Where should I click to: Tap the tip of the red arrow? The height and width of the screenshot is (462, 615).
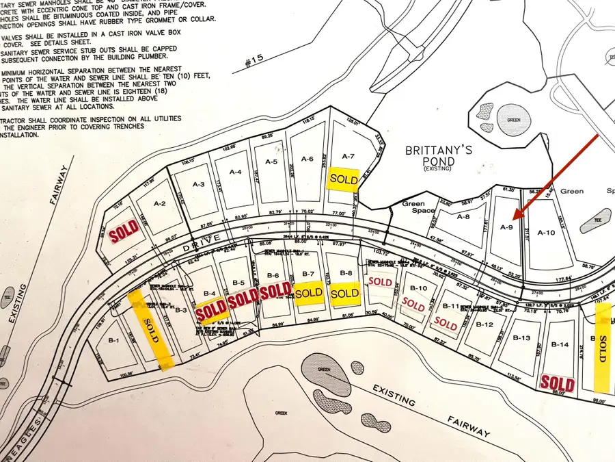pos(515,219)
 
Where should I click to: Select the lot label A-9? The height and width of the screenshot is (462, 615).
pos(506,227)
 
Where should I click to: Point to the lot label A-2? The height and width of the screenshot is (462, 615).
pos(160,203)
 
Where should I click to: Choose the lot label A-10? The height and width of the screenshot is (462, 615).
pos(547,233)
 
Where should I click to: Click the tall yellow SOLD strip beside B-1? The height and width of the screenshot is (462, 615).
pos(151,327)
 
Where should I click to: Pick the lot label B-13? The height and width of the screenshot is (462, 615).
pos(521,338)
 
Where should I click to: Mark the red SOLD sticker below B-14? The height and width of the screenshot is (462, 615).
pos(558,382)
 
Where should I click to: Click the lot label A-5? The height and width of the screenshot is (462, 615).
pos(271,162)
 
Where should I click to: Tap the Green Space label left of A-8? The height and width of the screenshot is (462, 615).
pos(413,207)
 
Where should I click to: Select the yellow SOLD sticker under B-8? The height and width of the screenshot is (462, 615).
pos(344,293)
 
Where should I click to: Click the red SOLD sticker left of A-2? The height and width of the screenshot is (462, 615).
pos(123,231)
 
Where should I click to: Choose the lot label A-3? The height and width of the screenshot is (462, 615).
pos(199,184)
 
